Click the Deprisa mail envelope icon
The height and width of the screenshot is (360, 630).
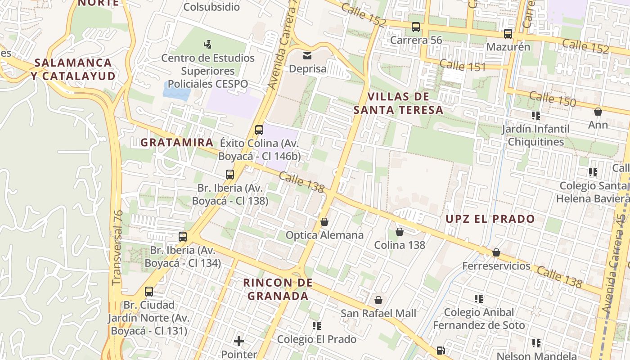click(307, 56)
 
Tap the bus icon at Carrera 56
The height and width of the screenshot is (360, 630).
click(415, 27)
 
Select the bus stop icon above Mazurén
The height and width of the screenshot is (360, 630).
click(508, 34)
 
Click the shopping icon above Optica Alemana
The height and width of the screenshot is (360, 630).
click(324, 222)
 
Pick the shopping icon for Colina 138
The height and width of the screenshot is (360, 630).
click(399, 232)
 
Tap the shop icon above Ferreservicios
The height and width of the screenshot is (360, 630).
click(496, 252)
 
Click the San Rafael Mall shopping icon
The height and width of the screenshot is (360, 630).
click(378, 300)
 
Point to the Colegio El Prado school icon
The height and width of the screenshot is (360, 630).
click(316, 325)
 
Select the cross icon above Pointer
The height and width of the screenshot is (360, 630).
click(239, 341)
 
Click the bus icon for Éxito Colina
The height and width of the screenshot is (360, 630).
click(259, 130)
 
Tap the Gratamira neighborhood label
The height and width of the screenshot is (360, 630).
click(177, 143)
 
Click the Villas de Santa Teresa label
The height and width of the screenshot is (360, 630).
click(398, 103)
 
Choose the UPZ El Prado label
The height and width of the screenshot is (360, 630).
click(490, 219)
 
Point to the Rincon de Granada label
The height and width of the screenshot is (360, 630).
click(278, 289)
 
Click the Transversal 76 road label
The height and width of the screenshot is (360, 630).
click(117, 247)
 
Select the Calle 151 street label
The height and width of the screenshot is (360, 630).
click(463, 66)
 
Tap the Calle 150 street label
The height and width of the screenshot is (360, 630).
click(552, 99)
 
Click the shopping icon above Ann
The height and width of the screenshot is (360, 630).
click(598, 112)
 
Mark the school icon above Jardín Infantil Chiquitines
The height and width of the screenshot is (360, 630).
click(535, 116)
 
